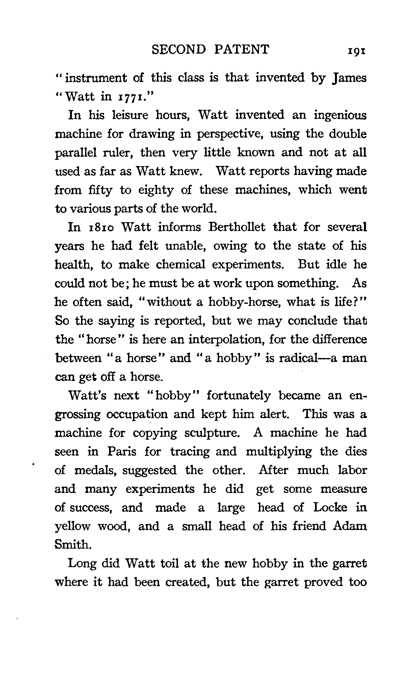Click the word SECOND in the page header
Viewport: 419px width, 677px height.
179,50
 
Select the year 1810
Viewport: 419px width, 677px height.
101,228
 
